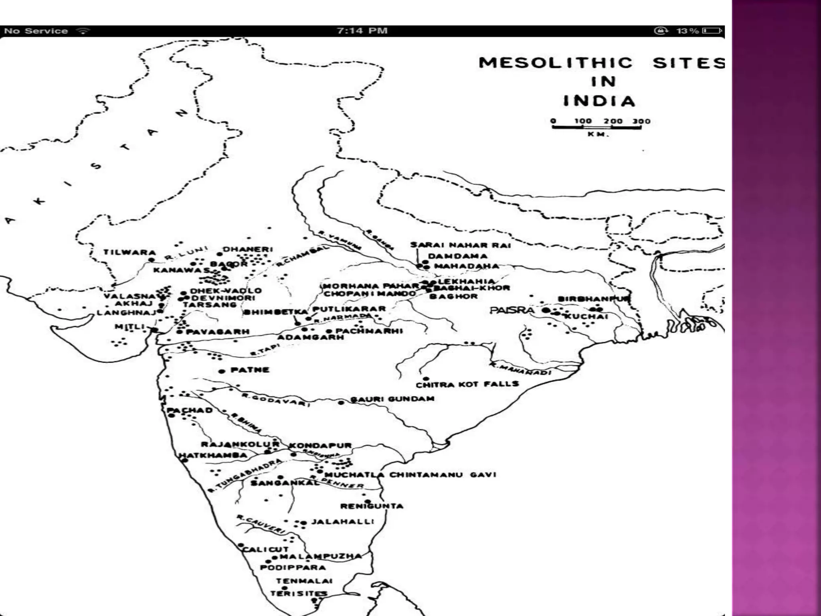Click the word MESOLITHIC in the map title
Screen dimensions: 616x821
point(556,63)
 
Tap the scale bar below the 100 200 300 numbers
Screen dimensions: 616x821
point(597,128)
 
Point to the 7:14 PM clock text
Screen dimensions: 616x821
point(362,31)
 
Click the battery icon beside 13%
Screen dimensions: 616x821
point(712,31)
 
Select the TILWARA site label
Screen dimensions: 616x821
point(129,252)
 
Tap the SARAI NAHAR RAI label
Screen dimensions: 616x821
point(461,245)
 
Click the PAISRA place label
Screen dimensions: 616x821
point(512,310)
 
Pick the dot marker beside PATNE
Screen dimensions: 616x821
point(221,371)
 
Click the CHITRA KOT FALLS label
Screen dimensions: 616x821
point(467,385)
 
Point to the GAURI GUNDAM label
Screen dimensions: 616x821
point(392,399)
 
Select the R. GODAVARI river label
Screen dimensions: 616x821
point(276,399)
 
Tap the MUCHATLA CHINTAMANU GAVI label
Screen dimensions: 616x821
point(410,475)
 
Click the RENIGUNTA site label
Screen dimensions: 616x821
point(372,506)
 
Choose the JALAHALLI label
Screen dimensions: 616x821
point(343,521)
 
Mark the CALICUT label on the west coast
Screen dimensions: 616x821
point(265,549)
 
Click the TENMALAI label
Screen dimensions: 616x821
point(304,581)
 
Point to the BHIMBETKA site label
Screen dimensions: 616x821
point(276,312)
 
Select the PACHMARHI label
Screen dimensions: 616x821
point(369,331)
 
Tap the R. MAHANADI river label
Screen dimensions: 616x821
point(520,369)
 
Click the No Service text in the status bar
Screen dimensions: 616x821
point(36,31)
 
